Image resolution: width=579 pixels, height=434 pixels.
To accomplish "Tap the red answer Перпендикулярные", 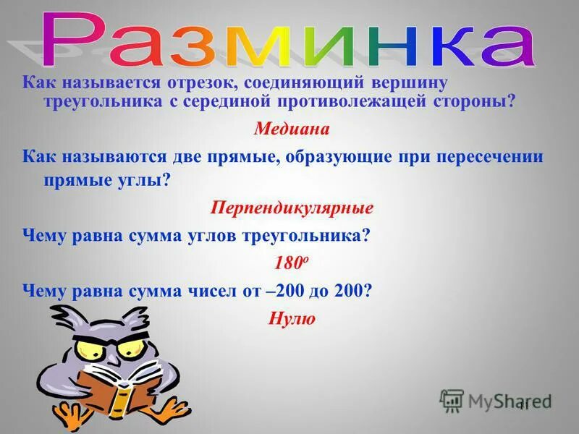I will pos(292,209).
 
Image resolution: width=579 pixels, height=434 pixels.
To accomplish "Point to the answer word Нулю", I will pos(292,318).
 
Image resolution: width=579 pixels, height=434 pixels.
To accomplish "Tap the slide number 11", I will pos(524,406).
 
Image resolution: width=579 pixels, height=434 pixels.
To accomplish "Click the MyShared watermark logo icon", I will pos(452,400).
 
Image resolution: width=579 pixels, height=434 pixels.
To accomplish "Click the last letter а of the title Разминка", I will pos(507,43).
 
